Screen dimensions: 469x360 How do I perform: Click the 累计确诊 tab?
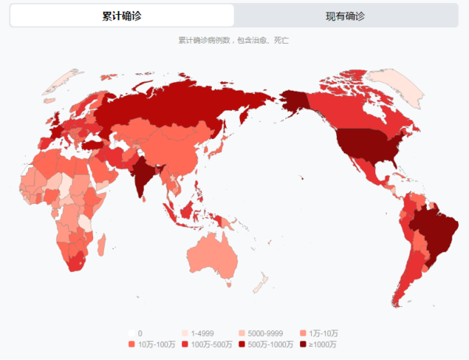(x=122, y=16)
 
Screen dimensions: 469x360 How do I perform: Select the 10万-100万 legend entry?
(x=153, y=344)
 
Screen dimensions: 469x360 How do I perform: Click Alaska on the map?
(x=296, y=101)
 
